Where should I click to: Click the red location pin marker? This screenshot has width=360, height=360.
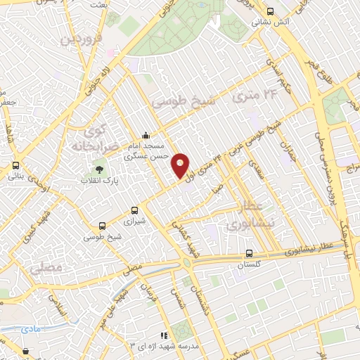181,165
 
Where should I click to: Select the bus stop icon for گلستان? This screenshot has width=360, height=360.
249,254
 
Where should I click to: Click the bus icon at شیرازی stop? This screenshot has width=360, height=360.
134,210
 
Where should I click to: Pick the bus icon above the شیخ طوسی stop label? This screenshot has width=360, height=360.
103,226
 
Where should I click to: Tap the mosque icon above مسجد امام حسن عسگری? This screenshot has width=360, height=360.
145,136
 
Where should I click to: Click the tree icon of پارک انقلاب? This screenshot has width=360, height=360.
99,169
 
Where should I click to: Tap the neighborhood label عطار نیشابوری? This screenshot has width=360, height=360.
246,215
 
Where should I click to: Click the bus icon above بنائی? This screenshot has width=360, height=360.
15,166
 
